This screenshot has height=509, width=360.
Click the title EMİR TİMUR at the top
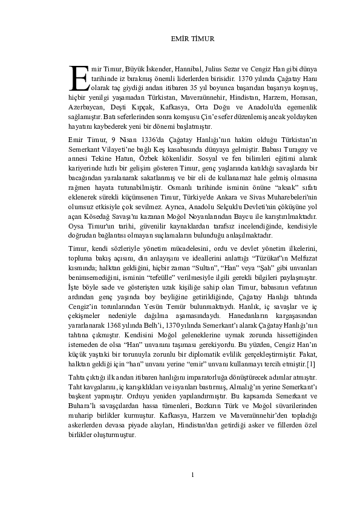[x=180, y=41]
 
